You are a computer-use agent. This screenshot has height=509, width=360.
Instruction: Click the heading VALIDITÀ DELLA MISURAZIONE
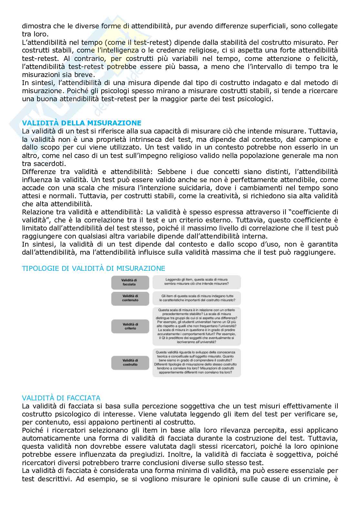coord(82,123)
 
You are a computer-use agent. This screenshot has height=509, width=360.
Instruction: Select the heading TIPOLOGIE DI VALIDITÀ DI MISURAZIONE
coord(93,268)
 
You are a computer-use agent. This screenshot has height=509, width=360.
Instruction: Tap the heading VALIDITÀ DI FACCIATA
coord(61,398)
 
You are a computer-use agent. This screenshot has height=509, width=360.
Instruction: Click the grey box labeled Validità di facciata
coord(130,282)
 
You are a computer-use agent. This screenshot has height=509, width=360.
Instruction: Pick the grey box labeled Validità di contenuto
coord(130,298)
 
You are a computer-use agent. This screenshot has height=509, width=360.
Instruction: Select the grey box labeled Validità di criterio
coord(130,326)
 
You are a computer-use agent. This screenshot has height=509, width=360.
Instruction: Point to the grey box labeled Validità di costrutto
coord(130,362)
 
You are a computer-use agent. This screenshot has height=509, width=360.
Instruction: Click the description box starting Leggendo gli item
coord(196,282)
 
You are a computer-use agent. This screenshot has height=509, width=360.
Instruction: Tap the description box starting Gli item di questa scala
coord(196,298)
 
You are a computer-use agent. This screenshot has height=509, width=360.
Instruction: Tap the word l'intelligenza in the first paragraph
coord(118,50)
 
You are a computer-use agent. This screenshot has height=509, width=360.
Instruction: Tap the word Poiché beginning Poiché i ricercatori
coord(34,430)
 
